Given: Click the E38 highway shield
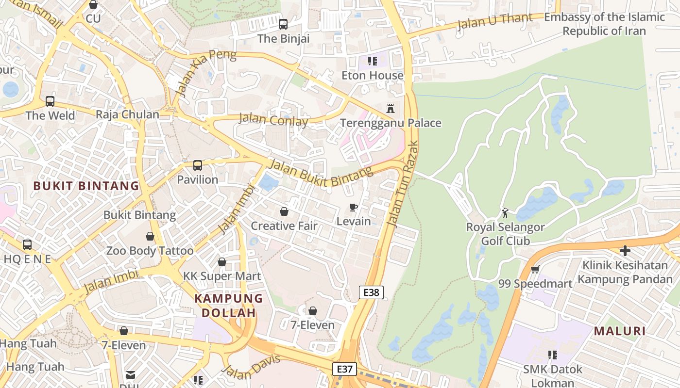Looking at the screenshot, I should (371, 292).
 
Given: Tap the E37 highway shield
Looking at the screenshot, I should (344, 369).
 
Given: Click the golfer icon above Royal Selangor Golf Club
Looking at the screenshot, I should (505, 212).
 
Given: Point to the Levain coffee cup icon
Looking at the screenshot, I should (354, 207).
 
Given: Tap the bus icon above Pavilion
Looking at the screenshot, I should (197, 165).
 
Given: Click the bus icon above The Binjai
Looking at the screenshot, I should (283, 24).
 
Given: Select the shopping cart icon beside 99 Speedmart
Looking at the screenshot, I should (535, 269).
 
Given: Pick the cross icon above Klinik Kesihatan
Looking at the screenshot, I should (625, 251).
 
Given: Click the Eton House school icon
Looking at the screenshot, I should (372, 61).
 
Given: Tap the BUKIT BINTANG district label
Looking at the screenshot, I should (86, 186).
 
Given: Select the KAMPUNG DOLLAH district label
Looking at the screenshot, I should (229, 306).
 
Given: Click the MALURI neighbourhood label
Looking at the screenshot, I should (620, 331).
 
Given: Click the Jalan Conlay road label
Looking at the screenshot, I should (273, 120).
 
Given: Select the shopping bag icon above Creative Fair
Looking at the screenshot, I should (284, 211).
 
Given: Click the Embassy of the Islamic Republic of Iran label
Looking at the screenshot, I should (604, 24).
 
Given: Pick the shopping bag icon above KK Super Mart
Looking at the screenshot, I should (222, 262).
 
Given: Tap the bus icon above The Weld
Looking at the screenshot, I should (50, 101).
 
